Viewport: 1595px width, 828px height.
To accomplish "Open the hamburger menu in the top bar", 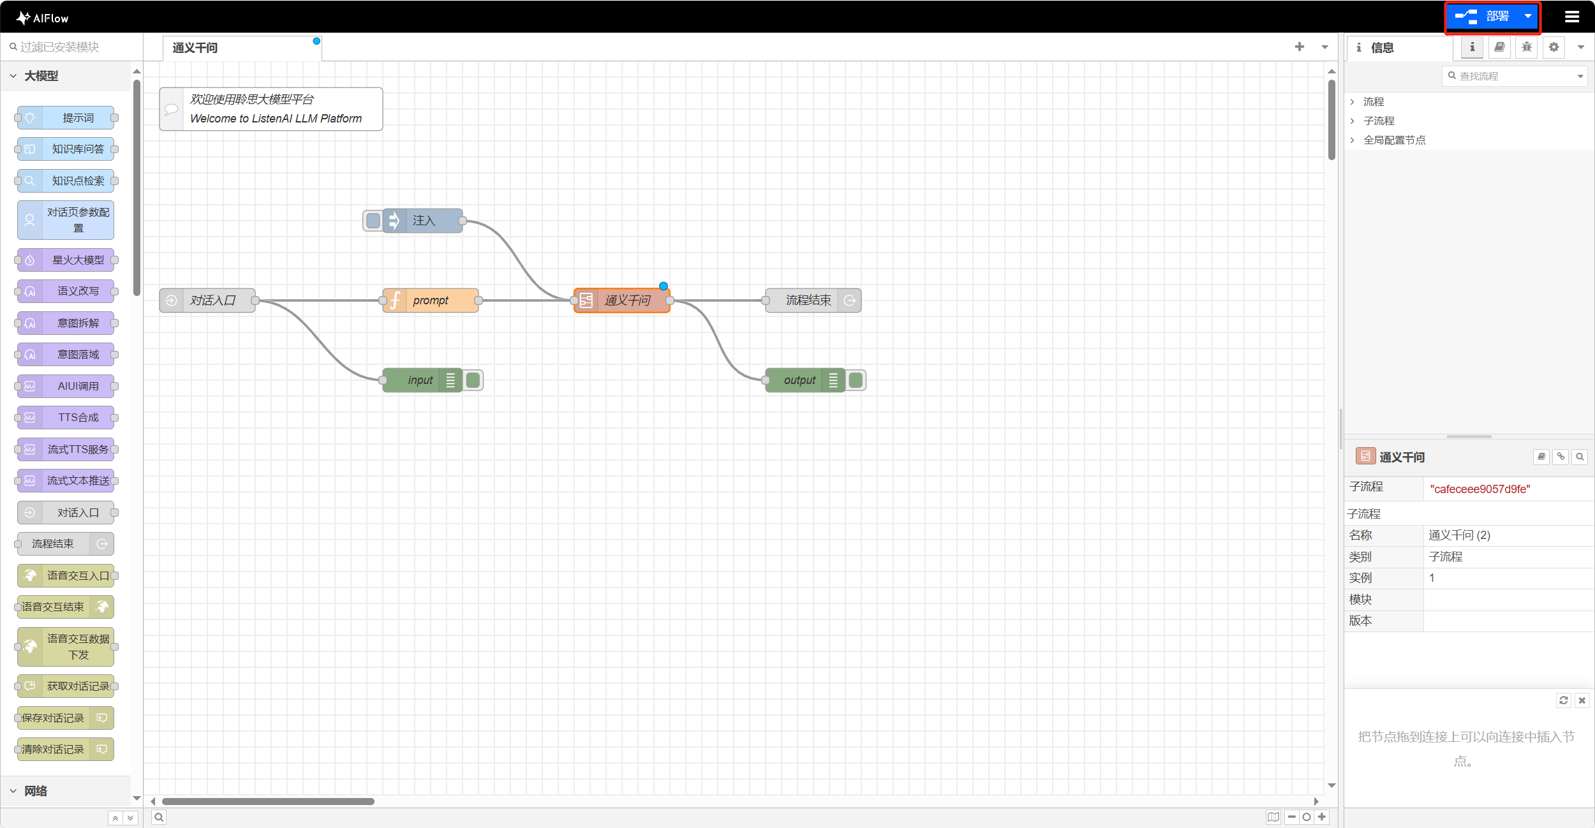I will (1572, 17).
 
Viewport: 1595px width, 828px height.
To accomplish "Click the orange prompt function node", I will (431, 300).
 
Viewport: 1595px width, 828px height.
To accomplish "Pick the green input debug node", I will (420, 380).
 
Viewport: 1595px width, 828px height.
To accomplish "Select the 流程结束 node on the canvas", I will (808, 300).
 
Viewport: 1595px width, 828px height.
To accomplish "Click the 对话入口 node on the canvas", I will (212, 300).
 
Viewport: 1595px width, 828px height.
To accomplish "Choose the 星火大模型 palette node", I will (78, 260).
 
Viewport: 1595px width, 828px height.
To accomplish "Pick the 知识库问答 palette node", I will (78, 149).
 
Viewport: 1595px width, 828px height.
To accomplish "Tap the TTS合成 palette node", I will (78, 418).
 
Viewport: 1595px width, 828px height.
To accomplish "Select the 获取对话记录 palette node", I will (78, 686).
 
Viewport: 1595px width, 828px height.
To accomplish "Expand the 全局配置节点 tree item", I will (1394, 140).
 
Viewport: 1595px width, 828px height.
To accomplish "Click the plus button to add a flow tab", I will (1300, 47).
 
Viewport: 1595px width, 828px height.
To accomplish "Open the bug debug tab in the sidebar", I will (1527, 47).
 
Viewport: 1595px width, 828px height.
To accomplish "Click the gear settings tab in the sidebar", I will (1554, 47).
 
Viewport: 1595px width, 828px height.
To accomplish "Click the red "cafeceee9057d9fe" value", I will (1480, 489).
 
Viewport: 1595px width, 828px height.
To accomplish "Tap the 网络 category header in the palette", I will (36, 791).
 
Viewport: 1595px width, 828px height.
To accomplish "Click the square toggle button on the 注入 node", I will (373, 221).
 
